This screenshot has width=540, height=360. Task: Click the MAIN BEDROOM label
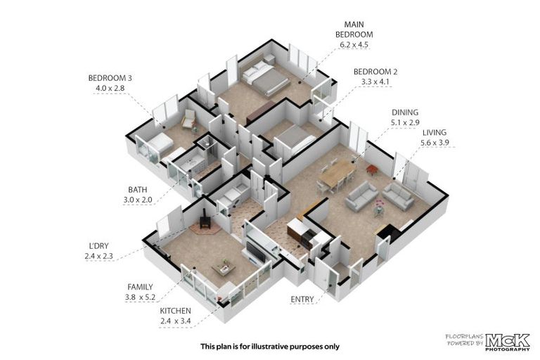[354, 30]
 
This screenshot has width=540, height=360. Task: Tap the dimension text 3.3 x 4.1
[375, 82]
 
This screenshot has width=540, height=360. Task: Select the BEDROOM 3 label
[110, 78]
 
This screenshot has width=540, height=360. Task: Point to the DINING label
[405, 112]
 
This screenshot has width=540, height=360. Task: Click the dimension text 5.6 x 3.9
[435, 143]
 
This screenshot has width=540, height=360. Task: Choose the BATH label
[137, 189]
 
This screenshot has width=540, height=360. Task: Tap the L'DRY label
[99, 246]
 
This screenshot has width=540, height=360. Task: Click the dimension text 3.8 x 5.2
[140, 297]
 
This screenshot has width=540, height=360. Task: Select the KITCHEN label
[175, 311]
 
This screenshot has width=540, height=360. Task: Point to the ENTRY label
[302, 300]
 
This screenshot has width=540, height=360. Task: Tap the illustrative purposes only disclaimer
[270, 346]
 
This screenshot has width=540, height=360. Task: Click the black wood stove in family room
[205, 219]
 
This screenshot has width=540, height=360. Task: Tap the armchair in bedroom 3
[188, 120]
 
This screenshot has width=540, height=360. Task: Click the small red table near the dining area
[371, 169]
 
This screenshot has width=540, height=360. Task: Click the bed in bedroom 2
[295, 139]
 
